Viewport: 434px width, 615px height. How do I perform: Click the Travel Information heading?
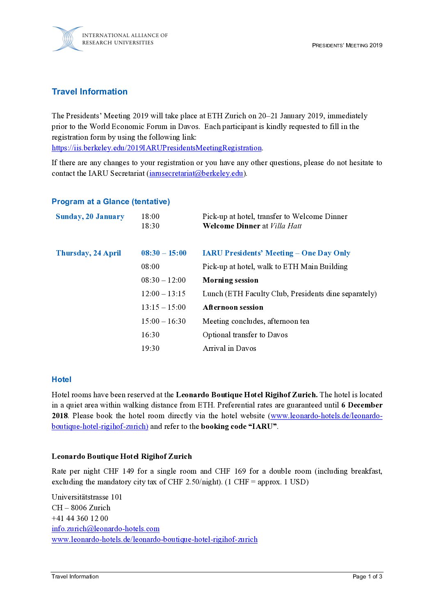point(89,92)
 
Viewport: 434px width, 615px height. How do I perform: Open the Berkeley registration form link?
point(157,148)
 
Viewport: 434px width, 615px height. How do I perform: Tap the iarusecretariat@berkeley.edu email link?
point(196,173)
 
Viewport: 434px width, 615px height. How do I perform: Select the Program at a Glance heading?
point(111,202)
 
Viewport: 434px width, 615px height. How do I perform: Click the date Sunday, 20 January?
point(90,217)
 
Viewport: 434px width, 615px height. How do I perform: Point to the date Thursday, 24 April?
point(88,253)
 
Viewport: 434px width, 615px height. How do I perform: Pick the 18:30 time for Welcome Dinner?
point(150,226)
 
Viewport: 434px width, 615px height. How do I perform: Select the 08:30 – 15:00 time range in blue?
point(164,253)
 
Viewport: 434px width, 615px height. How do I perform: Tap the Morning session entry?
point(230,280)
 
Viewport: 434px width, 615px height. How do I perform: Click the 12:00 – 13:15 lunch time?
point(163,294)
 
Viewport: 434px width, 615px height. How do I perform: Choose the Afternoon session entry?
point(233,307)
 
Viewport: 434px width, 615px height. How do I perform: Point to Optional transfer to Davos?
point(245,335)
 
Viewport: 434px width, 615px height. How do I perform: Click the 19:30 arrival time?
point(150,348)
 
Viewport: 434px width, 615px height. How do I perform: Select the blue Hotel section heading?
point(62,380)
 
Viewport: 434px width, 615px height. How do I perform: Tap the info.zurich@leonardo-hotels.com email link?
point(105,529)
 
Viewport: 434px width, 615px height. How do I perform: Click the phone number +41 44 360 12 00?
point(80,518)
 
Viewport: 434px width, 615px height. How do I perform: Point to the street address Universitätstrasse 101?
point(87,497)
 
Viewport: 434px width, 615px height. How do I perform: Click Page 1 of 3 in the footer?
point(367,576)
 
